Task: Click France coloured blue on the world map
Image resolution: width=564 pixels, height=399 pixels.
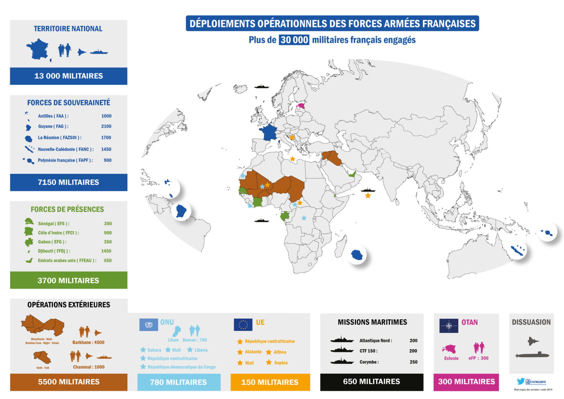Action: pyautogui.click(x=268, y=132)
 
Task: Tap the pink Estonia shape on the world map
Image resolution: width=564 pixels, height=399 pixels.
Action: pyautogui.click(x=302, y=106)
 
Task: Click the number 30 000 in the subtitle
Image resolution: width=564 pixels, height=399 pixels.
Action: pyautogui.click(x=294, y=40)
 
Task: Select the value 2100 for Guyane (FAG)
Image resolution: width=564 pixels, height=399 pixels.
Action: pyautogui.click(x=106, y=126)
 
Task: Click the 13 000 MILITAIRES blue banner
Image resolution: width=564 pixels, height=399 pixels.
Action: pyautogui.click(x=69, y=76)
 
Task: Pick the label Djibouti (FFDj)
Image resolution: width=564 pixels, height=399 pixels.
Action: pyautogui.click(x=54, y=251)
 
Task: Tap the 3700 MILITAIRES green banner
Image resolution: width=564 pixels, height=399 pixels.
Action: pyautogui.click(x=69, y=280)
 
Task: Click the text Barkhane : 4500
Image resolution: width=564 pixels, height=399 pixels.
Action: pyautogui.click(x=88, y=342)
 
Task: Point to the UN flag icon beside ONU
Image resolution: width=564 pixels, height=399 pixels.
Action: pyautogui.click(x=149, y=325)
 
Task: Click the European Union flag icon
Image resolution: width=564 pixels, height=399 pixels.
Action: pyautogui.click(x=243, y=325)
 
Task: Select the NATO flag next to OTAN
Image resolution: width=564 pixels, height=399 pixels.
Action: pyautogui.click(x=449, y=326)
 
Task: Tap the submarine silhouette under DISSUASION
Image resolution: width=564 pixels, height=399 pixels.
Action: pyautogui.click(x=532, y=355)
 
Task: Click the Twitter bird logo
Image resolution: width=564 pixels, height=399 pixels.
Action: pyautogui.click(x=520, y=382)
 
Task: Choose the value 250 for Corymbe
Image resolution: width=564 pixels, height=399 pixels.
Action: pyautogui.click(x=413, y=362)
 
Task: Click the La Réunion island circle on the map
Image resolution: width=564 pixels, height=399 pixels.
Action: pyautogui.click(x=357, y=255)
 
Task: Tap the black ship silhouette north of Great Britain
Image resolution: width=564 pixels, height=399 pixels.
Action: pyautogui.click(x=262, y=87)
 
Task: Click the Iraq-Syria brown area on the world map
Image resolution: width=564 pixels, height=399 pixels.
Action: pyautogui.click(x=332, y=157)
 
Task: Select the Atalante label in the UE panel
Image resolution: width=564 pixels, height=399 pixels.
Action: pyautogui.click(x=253, y=352)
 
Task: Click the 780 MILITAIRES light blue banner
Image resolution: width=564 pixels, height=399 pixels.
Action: pyautogui.click(x=178, y=382)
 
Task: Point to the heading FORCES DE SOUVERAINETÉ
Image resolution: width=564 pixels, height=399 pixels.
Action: pyautogui.click(x=69, y=103)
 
